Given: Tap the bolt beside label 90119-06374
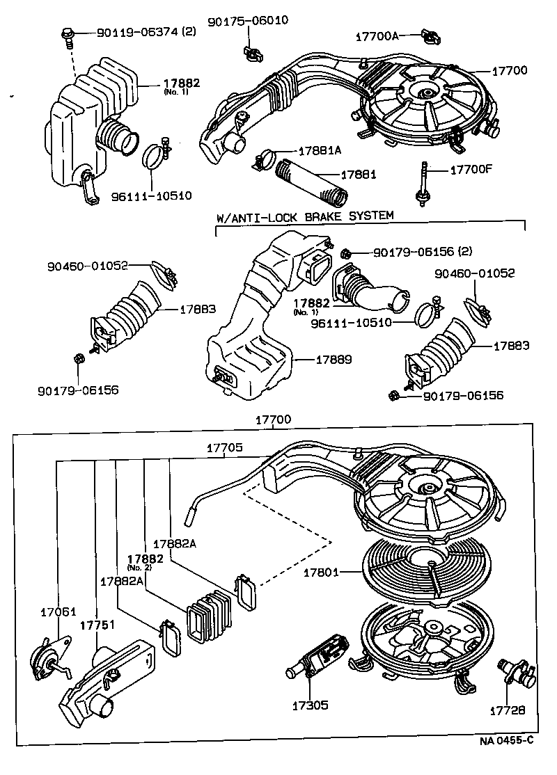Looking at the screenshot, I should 68,33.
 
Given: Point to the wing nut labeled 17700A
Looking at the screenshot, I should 428,35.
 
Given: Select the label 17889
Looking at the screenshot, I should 334,360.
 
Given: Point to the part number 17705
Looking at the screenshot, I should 224,448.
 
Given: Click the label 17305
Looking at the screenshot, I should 310,705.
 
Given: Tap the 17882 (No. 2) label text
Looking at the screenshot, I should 145,560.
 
